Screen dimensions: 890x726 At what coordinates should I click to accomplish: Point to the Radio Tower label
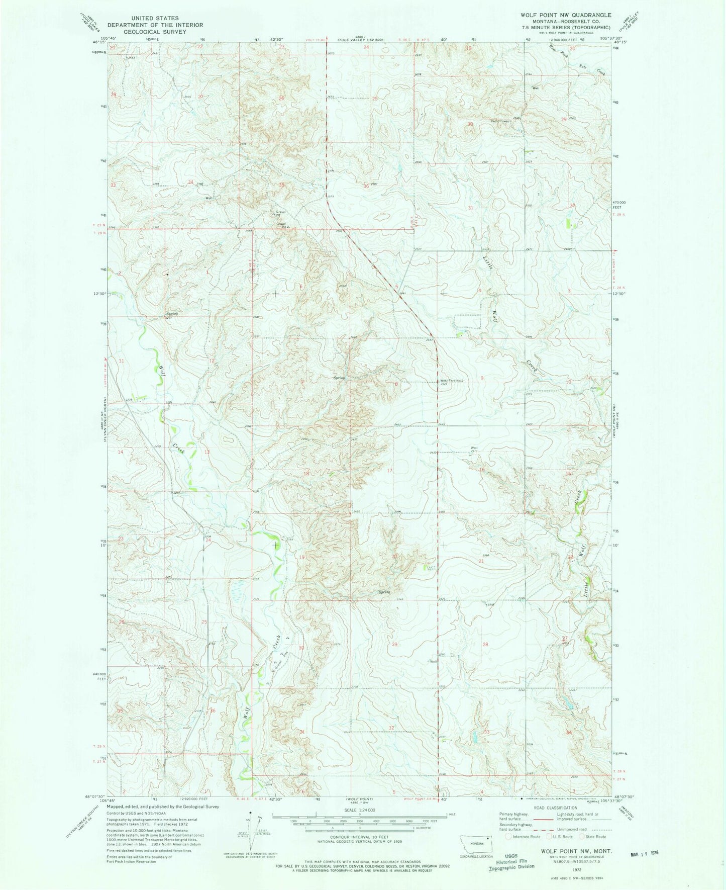point(501,121)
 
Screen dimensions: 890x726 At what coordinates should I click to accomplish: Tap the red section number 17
point(389,471)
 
